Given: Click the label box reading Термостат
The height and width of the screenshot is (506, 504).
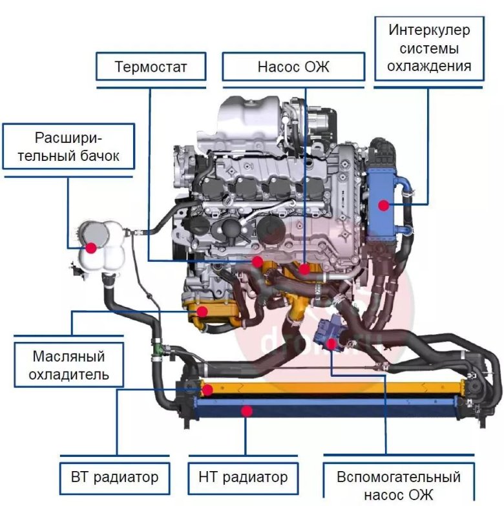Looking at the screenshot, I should pos(151,67).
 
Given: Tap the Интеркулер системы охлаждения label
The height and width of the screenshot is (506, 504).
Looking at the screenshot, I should pos(429,48).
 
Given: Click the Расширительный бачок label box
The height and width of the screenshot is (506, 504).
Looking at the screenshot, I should pos(68,147).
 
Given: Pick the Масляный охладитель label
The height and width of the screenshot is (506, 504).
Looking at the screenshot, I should pos(68,365).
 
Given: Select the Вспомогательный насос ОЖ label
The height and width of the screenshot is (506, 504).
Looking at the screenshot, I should pos(398,486).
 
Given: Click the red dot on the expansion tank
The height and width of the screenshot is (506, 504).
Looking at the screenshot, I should pos(91,247).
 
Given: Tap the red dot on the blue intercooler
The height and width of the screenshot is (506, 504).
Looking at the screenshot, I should pos(384,206).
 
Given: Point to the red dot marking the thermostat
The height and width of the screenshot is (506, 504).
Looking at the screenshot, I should pos(258,262).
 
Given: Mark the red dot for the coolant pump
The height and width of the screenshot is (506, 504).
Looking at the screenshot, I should pos(305,267).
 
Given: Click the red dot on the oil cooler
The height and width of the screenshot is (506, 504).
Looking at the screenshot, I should pos(202,311).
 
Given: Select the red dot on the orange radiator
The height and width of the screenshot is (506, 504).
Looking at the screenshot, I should pos(207,390).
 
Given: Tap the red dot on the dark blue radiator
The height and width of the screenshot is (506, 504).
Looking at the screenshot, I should pos(245,410).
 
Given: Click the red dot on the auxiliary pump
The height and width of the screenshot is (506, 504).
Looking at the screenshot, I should pos(331,344).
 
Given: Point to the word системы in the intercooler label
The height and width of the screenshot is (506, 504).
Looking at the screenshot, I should pos(429,48).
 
